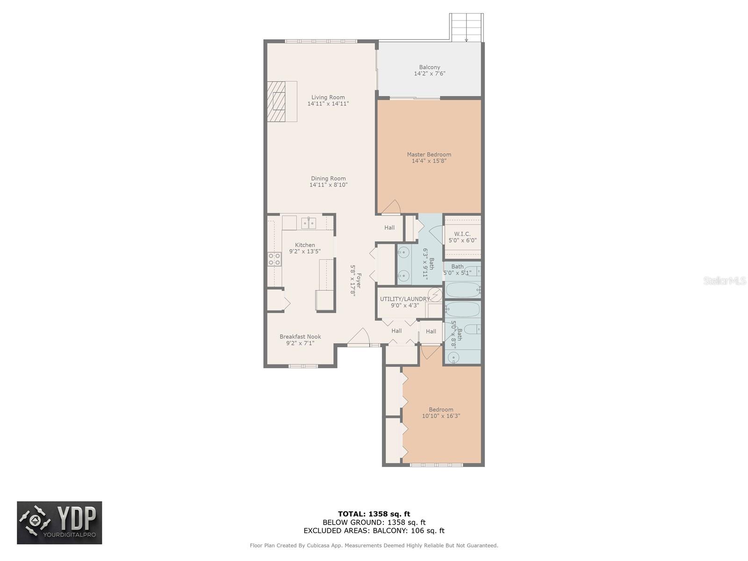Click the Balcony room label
[x=429, y=67]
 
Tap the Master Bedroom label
[x=429, y=154]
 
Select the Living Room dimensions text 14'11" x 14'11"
[x=328, y=103]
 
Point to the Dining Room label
[x=328, y=179]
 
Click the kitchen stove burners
[x=274, y=259]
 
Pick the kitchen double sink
[x=309, y=223]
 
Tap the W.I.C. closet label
[x=462, y=234]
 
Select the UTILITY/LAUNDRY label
[x=405, y=299]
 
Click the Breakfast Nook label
[x=300, y=337]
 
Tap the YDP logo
[x=59, y=523]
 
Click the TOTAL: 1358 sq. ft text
[x=374, y=514]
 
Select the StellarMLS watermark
[x=725, y=280]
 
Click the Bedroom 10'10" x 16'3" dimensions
[x=441, y=416]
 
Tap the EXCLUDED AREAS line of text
[x=374, y=530]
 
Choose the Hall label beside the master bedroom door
[x=389, y=228]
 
